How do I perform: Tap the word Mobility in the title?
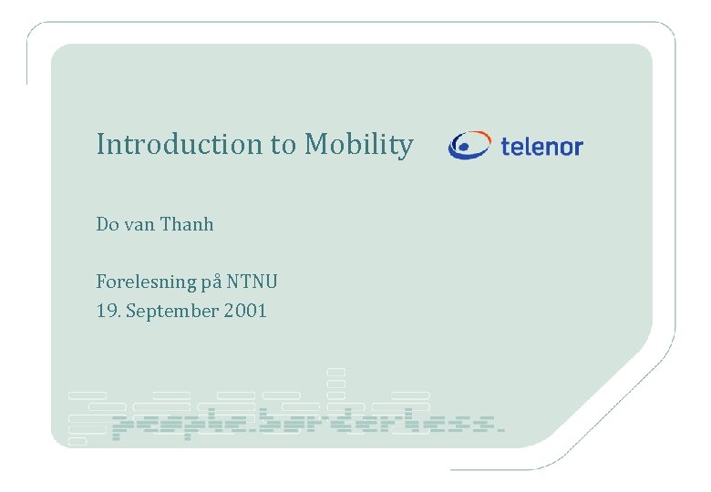point(358,145)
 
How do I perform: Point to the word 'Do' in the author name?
point(107,224)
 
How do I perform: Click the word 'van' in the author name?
point(139,224)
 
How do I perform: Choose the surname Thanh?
point(187,224)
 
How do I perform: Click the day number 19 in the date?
point(107,312)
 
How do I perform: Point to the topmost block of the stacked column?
point(336,372)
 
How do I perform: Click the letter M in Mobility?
point(315,144)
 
